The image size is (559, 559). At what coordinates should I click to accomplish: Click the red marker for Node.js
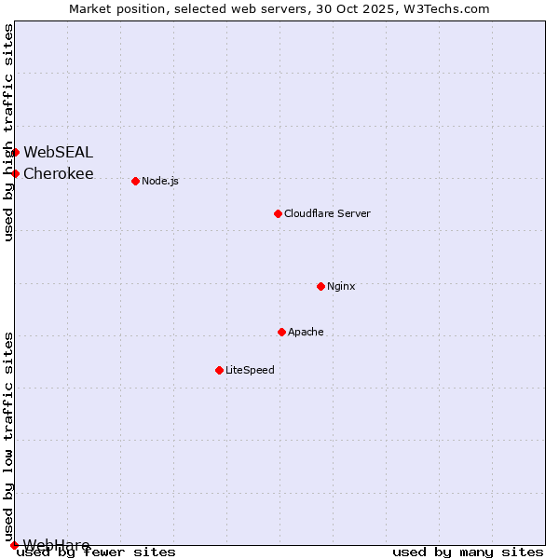click(x=135, y=181)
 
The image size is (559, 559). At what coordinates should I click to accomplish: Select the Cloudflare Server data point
click(x=278, y=213)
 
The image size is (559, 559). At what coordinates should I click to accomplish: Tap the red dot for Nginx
click(x=320, y=286)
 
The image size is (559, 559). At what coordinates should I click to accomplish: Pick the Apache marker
click(x=281, y=332)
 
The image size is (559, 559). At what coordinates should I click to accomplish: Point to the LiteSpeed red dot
click(x=219, y=370)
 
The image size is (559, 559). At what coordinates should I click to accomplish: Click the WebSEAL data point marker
click(x=15, y=152)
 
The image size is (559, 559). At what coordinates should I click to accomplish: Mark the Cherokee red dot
click(x=15, y=173)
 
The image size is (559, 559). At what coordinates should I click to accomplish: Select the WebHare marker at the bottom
click(x=14, y=545)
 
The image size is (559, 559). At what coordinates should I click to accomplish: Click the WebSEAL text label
click(x=58, y=152)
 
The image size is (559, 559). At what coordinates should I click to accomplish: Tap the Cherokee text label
click(x=58, y=173)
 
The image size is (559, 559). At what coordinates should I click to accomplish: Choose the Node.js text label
click(x=160, y=181)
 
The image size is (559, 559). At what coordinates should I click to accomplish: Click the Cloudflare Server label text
click(x=327, y=213)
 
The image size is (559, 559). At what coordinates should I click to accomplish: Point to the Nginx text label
click(x=341, y=286)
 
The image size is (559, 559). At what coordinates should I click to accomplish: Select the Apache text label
click(x=306, y=332)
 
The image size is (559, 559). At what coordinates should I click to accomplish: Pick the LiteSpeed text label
click(x=250, y=370)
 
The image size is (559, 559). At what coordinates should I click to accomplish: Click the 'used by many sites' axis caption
click(x=468, y=552)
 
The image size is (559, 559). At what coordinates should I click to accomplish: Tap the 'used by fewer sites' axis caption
click(x=96, y=552)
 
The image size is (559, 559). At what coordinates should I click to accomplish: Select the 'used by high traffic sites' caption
click(x=9, y=132)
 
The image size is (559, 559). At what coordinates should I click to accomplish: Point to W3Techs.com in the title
click(x=451, y=8)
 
